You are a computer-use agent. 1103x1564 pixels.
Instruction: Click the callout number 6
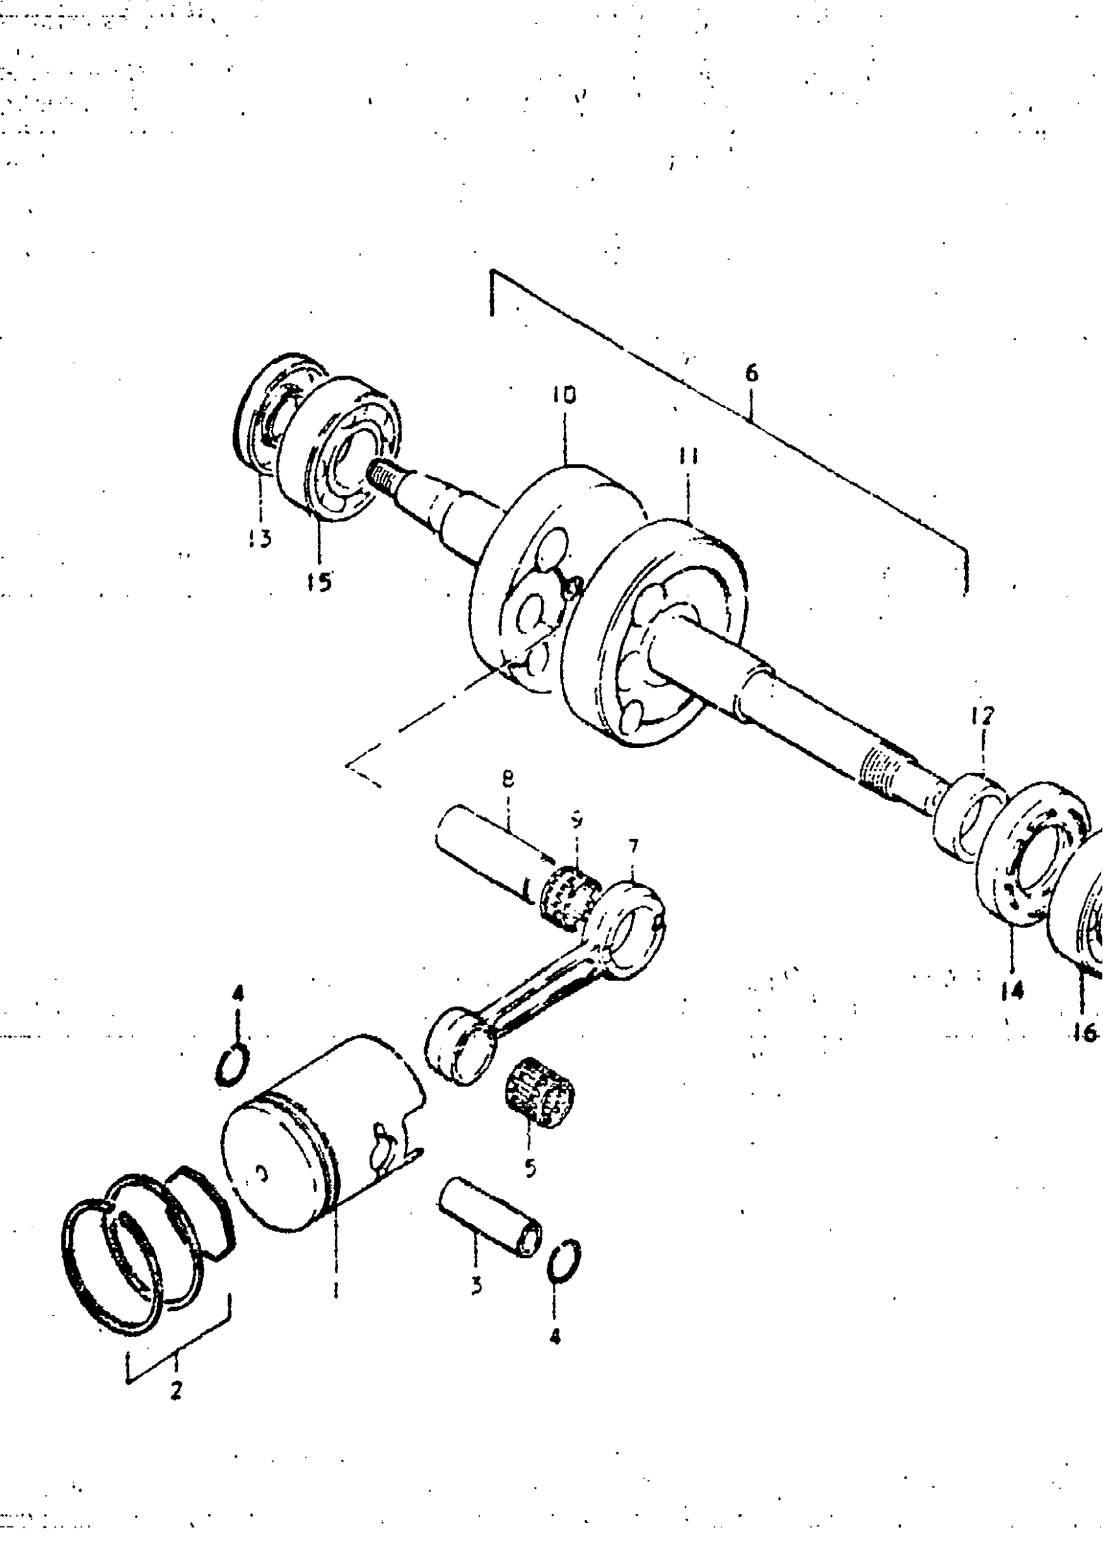pos(751,373)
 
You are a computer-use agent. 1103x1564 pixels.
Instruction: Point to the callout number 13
pos(260,538)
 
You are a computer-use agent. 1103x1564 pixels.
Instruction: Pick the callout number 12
pos(982,716)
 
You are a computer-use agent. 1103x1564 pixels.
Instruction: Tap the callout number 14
pos(1012,991)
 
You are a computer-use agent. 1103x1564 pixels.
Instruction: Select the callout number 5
pos(531,1168)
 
